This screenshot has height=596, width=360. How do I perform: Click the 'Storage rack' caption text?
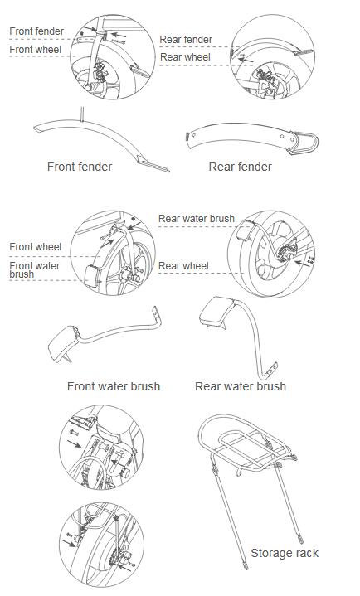click(285, 553)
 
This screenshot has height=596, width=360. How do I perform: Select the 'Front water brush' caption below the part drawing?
click(114, 386)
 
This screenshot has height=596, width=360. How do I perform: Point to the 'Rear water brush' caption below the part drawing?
click(241, 386)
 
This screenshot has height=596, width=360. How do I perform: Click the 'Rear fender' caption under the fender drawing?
click(240, 167)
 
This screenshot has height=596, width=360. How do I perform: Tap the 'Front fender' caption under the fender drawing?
click(80, 167)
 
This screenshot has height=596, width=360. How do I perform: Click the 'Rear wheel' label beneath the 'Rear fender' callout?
click(185, 57)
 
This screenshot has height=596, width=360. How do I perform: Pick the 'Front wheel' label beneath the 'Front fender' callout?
click(36, 50)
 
